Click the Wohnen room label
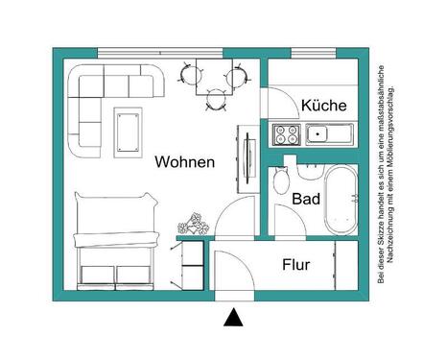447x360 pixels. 184,162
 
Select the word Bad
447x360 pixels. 305,200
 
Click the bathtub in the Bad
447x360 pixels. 340,200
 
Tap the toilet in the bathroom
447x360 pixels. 281,180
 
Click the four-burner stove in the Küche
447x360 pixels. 285,132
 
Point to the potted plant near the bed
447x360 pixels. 192,225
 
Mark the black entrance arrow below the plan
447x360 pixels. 230,316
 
